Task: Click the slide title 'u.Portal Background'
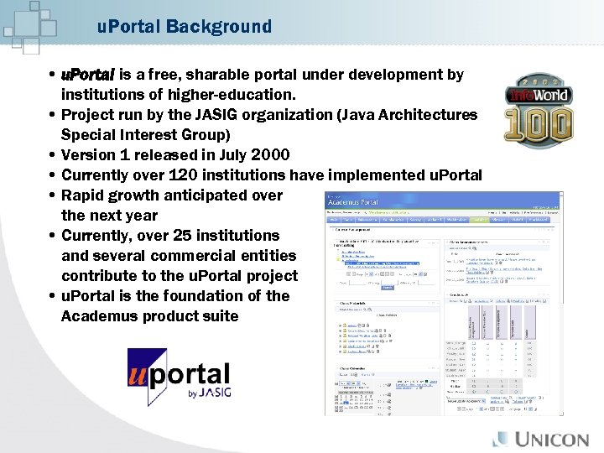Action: pos(185,27)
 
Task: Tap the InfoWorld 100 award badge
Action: pos(538,112)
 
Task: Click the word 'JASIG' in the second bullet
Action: pos(214,115)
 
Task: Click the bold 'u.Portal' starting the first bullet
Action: pos(87,75)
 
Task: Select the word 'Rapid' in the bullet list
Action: pos(82,195)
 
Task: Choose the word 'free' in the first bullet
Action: pos(158,75)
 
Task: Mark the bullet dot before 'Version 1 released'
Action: pos(53,155)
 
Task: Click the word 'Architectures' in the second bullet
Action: pos(429,115)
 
